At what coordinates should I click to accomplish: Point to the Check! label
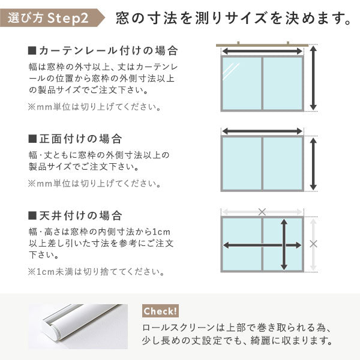160,311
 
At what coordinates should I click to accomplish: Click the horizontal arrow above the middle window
262,130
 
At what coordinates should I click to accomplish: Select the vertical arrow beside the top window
313,79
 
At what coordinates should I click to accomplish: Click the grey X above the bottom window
262,211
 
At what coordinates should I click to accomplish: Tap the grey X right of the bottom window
313,244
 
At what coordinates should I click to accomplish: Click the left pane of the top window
242,83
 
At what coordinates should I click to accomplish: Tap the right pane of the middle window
283,164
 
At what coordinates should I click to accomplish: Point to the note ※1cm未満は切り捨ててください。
95,272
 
